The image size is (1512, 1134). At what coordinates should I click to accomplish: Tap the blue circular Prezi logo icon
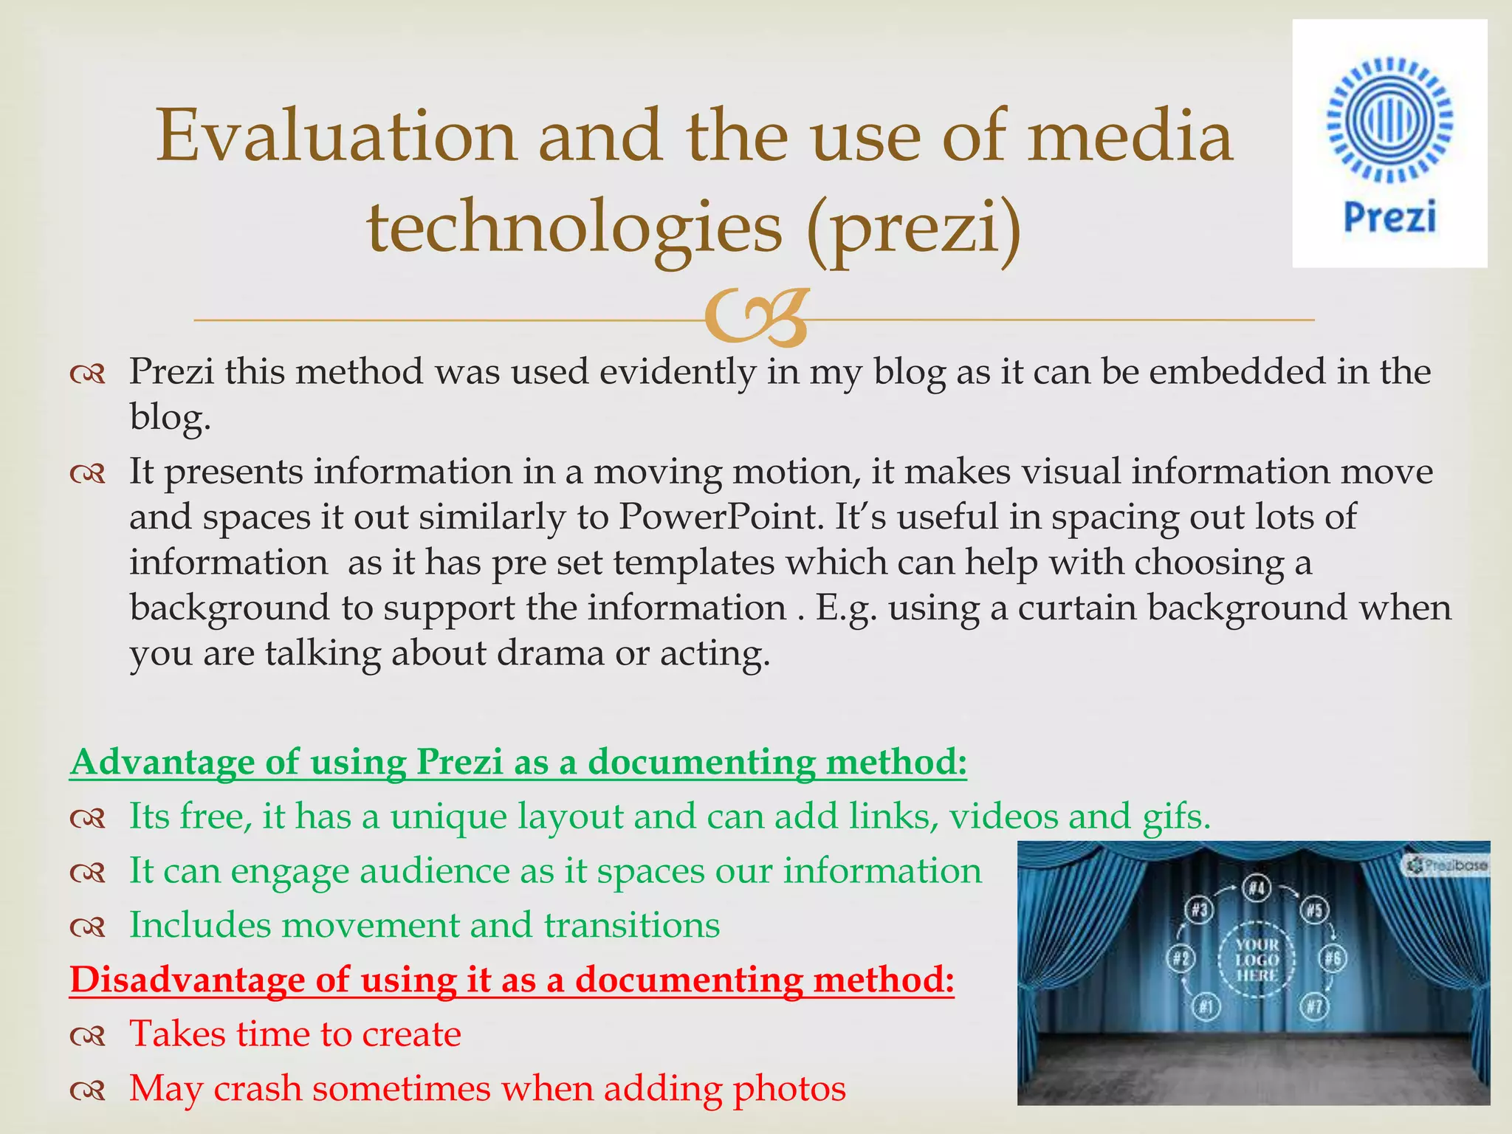tap(1389, 119)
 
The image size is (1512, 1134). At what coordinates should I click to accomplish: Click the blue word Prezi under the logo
tap(1389, 217)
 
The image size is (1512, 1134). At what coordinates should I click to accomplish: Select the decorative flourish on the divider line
tap(756, 318)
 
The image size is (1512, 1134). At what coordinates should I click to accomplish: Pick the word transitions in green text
tap(631, 925)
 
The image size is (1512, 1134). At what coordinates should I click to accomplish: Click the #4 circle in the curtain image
tap(1257, 889)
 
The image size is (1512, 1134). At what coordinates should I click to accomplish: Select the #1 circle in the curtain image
tap(1206, 1006)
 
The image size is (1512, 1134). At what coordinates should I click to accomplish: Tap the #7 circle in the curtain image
tap(1315, 1006)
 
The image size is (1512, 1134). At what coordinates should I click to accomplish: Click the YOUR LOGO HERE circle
tap(1257, 959)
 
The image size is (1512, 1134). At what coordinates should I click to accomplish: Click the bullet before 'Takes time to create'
tap(88, 1034)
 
